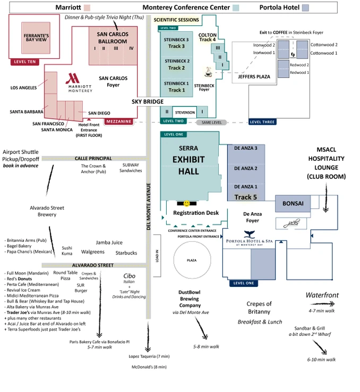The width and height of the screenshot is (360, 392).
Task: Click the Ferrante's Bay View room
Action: (36, 38)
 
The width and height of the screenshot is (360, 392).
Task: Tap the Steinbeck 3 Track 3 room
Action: (176, 43)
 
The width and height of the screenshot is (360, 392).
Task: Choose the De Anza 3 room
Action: (245, 148)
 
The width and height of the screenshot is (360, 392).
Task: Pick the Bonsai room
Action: (293, 203)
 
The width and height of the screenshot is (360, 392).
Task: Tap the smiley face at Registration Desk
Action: (187, 203)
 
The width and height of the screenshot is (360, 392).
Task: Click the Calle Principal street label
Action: (93, 158)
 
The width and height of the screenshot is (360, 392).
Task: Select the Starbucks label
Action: (126, 253)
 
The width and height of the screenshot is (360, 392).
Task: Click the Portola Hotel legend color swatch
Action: (305, 8)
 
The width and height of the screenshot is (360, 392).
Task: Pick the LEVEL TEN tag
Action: (24, 62)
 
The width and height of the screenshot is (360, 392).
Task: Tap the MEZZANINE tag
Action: (118, 121)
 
